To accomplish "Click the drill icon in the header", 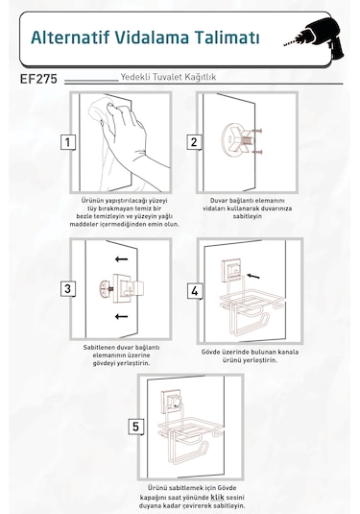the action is pos(316,37).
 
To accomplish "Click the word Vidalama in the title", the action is pos(152,37).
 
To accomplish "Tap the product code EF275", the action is pos(38,79).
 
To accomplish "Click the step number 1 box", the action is pos(68,142).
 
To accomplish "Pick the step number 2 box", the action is pos(194,142).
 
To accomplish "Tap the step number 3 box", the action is pos(68,289).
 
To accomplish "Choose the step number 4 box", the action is pos(195,291).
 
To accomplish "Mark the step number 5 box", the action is pos(135,427).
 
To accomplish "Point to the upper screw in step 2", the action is pos(257,131).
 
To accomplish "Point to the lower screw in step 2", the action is pos(257,152).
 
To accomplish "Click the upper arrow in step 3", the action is pos(121,259).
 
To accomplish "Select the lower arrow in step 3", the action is pos(121,316).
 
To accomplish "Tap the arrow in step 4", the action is pos(252,277).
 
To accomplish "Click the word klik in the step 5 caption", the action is pos(218,497).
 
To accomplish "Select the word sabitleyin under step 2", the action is pos(248,216).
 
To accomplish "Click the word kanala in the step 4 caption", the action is pos(288,352).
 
